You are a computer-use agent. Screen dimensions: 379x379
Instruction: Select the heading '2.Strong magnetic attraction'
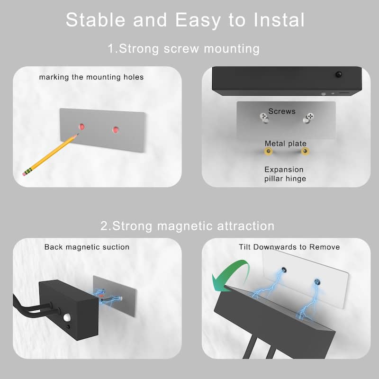click(188, 226)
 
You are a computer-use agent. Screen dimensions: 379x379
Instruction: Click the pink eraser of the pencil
click(25, 172)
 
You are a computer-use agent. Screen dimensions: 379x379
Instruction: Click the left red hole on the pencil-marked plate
click(81, 126)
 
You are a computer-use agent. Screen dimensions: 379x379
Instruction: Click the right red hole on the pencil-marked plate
click(115, 129)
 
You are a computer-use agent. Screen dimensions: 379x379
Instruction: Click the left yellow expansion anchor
click(269, 152)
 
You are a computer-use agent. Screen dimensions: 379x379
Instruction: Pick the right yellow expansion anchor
click(305, 152)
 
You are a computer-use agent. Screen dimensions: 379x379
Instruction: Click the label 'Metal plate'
click(285, 143)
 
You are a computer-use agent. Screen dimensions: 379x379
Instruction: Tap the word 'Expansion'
click(284, 169)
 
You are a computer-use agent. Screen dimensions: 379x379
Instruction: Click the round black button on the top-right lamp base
click(339, 74)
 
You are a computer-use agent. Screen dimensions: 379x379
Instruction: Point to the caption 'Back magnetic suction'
click(87, 247)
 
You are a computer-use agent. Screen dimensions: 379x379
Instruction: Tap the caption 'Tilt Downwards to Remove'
click(289, 247)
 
